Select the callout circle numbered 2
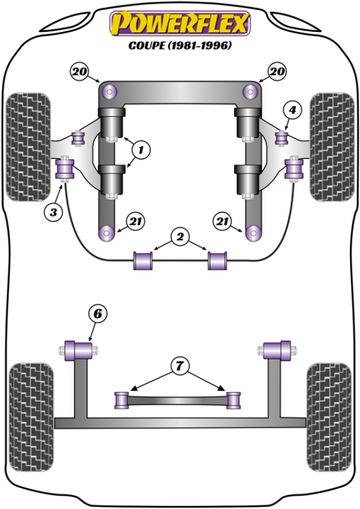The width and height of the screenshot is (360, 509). (179, 236)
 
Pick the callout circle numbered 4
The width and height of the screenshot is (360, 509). (292, 110)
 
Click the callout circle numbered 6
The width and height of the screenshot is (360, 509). (97, 313)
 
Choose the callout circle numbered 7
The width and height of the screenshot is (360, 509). (179, 364)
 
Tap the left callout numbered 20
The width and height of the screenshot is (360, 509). (79, 72)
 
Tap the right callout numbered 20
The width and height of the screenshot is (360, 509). (277, 72)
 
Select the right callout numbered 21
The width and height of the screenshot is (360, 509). (223, 221)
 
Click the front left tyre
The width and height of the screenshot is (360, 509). (28, 146)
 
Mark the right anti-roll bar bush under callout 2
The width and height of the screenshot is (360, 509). (217, 261)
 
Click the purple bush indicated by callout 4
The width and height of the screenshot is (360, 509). (280, 137)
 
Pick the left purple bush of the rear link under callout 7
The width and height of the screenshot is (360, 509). (122, 398)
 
